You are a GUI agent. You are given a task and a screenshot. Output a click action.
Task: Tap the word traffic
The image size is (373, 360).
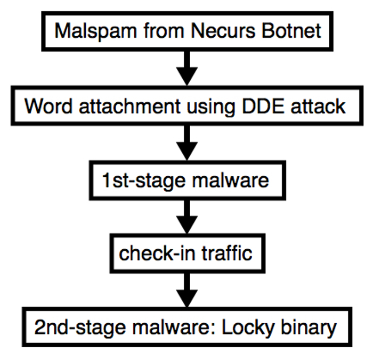point(225,253)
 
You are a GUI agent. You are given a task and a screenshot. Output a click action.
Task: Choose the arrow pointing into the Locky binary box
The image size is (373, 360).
point(186,290)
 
